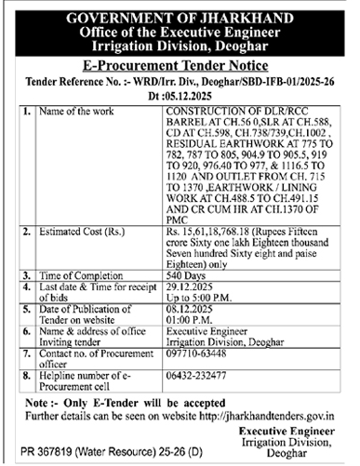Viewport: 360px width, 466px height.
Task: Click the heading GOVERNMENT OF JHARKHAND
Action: click(180, 17)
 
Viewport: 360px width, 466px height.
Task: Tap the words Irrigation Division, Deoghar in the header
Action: click(180, 46)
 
